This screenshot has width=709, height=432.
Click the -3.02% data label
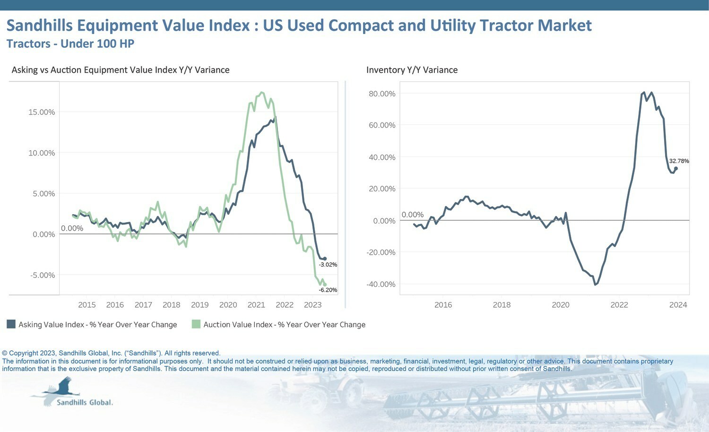click(328, 265)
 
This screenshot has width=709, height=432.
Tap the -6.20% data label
click(328, 290)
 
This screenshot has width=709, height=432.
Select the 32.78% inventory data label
click(679, 161)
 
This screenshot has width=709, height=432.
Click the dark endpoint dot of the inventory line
click(676, 169)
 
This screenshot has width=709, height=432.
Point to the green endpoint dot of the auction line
click(325, 285)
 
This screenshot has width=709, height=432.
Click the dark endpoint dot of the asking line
click(325, 259)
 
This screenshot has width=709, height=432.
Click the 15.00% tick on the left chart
click(42, 112)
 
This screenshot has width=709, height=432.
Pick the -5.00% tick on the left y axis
click(43, 275)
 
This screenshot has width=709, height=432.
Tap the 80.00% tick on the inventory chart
click(382, 94)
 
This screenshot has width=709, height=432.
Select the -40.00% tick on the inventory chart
click(381, 284)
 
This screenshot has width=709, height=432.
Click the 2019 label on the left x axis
click(200, 305)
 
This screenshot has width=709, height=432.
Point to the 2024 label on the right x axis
click(678, 305)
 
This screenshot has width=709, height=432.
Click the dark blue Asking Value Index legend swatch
click(11, 324)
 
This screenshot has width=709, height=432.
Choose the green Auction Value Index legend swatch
click(196, 324)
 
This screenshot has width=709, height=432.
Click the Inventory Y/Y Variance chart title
click(412, 70)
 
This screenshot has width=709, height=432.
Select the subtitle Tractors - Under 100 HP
click(70, 43)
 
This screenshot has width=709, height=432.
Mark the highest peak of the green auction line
click(261, 93)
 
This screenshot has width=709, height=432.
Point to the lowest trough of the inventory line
click(596, 285)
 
